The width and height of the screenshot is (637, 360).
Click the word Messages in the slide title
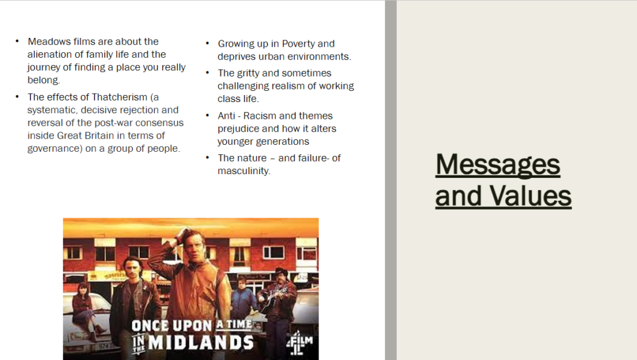click(x=498, y=165)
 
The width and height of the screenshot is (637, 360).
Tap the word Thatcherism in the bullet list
click(x=119, y=97)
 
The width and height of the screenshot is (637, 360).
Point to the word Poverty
click(x=298, y=44)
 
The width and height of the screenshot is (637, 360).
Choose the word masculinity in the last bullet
click(x=244, y=171)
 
